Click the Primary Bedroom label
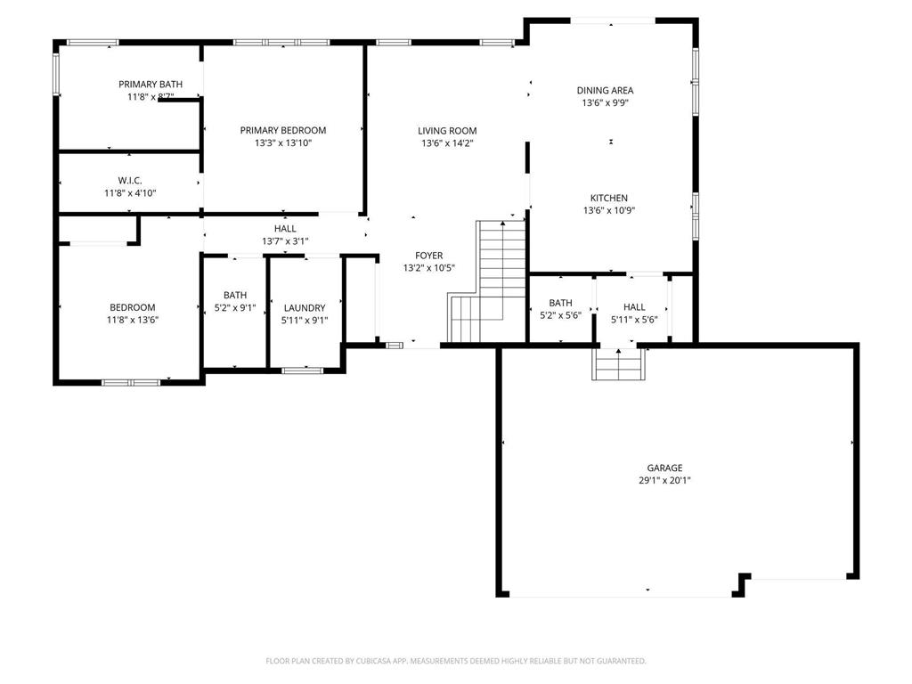283,130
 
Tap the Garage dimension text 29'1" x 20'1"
664,480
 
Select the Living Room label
447,131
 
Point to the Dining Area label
605,90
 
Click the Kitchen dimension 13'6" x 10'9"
609,210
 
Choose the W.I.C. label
130,180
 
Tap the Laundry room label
305,307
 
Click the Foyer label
429,256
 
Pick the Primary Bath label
151,85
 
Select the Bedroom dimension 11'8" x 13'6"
133,320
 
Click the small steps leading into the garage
618,364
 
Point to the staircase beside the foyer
487,281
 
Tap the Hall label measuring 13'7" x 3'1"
285,229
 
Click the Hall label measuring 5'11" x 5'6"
634,306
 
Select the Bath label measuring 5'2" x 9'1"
235,295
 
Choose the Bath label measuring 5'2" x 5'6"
561,303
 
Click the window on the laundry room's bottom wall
302,370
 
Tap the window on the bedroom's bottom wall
131,383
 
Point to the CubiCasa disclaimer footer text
456,661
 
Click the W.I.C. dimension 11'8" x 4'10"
130,193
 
